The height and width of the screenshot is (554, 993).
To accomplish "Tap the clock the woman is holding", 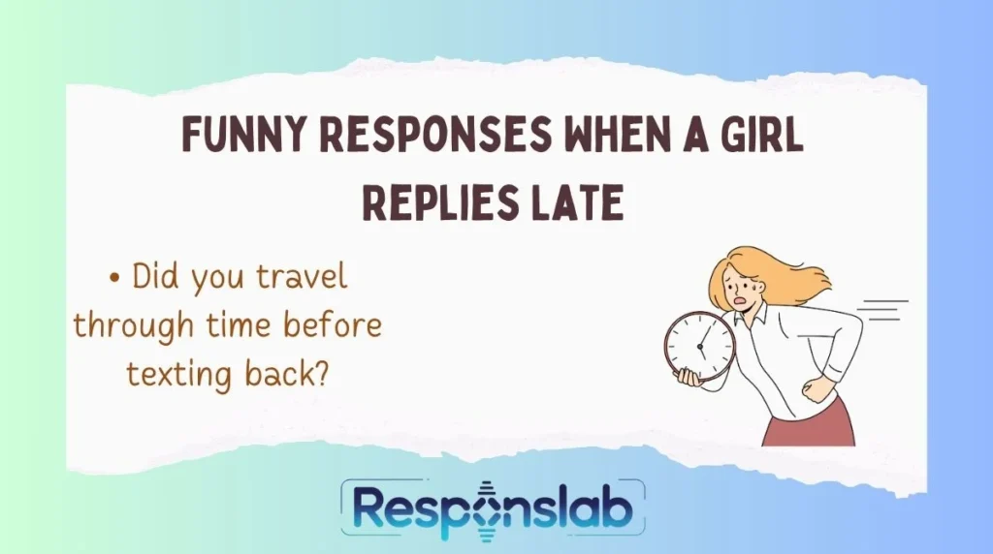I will pyautogui.click(x=699, y=346).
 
